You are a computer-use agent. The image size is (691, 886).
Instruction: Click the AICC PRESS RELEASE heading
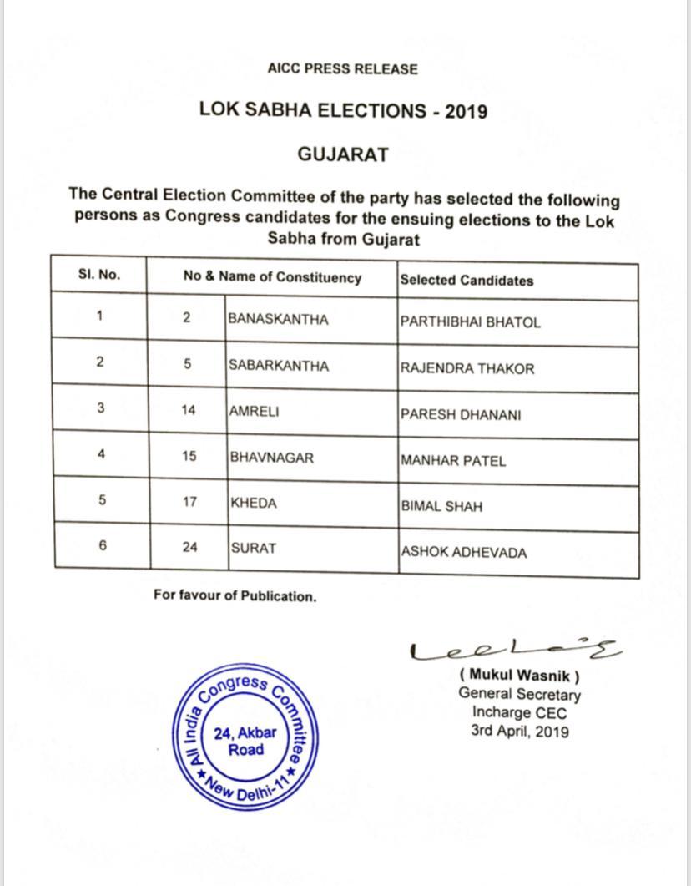342,69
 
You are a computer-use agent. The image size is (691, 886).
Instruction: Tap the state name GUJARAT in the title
343,155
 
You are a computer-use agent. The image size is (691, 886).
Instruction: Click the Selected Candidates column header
467,281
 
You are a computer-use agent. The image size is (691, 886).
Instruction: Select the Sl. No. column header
99,275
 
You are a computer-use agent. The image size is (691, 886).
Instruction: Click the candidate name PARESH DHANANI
461,414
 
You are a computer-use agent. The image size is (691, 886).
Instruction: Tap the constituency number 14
189,411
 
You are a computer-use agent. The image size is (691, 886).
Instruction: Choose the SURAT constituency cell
254,549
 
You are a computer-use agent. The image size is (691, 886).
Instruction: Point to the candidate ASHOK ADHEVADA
464,552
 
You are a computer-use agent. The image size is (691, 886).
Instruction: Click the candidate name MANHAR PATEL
453,460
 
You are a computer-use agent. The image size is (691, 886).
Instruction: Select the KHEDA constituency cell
254,503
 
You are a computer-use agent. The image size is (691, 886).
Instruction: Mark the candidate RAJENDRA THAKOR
467,368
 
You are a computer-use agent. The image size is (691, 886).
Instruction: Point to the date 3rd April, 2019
519,732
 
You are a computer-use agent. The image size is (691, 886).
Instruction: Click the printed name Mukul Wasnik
519,676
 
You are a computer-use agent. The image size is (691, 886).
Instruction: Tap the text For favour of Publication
235,596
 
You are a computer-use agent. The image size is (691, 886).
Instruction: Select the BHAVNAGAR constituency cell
272,458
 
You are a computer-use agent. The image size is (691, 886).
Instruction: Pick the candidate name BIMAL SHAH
441,506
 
